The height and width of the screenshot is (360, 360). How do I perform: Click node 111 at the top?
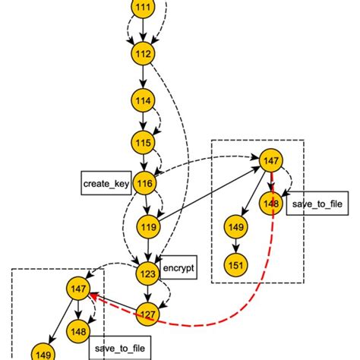(142, 8)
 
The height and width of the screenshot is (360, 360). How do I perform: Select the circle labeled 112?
(142, 54)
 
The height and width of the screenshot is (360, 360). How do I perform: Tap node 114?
(142, 99)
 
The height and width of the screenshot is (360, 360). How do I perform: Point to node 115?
(142, 141)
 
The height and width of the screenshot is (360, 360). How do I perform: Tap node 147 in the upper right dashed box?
(270, 160)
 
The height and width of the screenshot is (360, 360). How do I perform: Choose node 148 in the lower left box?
(77, 332)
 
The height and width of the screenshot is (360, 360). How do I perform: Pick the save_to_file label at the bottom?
(119, 349)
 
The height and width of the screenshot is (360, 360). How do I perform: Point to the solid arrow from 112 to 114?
(142, 77)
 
